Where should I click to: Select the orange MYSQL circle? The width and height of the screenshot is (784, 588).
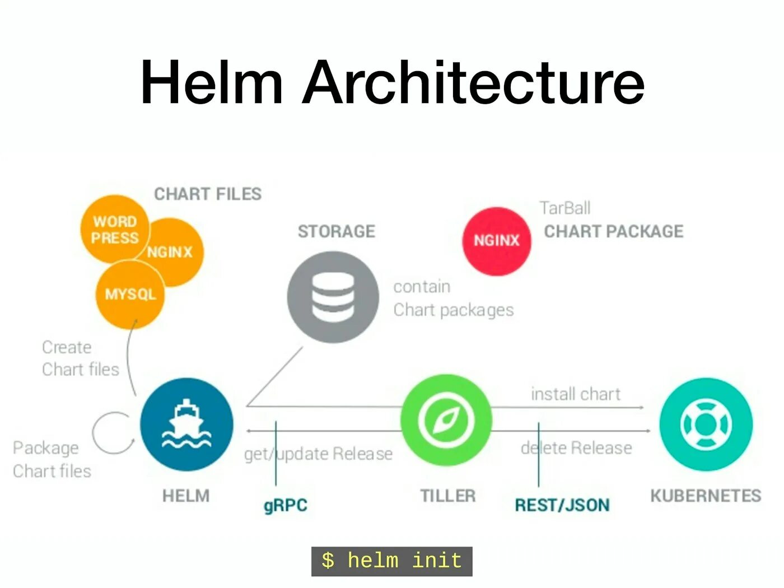coord(130,295)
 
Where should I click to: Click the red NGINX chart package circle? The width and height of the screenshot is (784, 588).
coord(497,241)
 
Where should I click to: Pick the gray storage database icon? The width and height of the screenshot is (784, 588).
coord(333,297)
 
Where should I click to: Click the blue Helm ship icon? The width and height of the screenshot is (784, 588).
coord(186,424)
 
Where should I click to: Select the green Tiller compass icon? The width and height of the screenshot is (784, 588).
coord(446,420)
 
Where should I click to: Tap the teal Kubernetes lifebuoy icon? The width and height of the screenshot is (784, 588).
coord(706,424)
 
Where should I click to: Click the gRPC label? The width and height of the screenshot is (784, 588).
coord(286,505)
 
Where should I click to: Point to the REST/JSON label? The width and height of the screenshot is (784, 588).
coord(562,505)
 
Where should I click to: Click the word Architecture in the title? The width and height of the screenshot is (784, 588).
coord(473,82)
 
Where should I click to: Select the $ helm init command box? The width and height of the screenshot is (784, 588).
coord(391,561)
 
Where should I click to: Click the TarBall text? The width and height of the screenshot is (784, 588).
coord(564,208)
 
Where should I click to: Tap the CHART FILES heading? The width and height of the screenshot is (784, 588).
coord(208,194)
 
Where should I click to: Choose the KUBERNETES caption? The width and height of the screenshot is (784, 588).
coord(706,496)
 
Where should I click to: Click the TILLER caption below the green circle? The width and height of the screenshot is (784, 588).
coord(447,496)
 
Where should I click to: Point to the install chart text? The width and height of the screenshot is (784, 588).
coord(576,394)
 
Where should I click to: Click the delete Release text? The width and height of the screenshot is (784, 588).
coord(576,448)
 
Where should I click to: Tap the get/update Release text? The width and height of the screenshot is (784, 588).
coord(318,454)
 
